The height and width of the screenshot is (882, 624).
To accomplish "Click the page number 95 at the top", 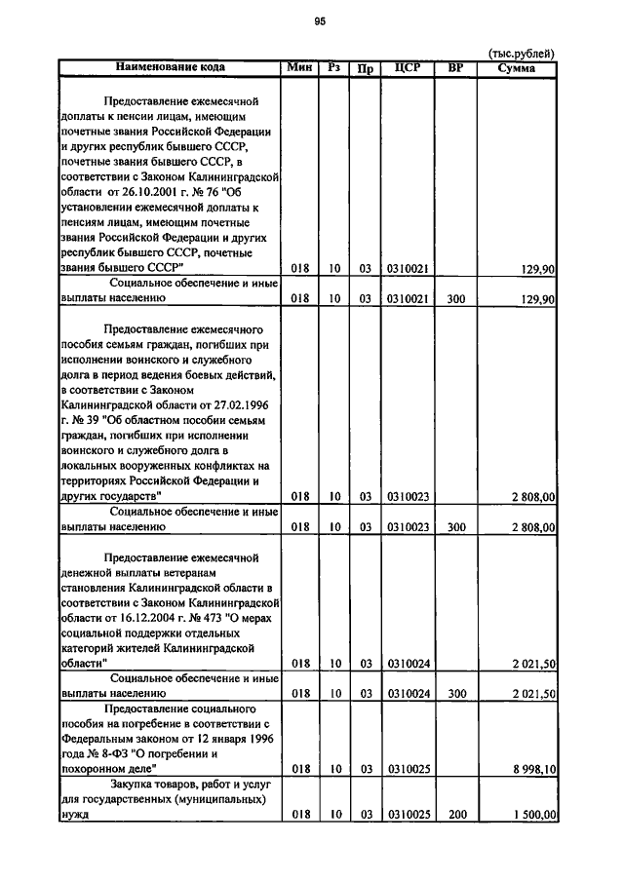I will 319,21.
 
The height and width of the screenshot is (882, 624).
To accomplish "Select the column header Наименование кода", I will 171,67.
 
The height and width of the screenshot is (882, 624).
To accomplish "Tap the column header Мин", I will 298,67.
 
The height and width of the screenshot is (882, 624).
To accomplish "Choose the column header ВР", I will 455,68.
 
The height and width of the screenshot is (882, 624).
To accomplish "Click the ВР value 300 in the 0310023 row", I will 455,527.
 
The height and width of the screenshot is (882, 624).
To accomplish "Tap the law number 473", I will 224,617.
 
